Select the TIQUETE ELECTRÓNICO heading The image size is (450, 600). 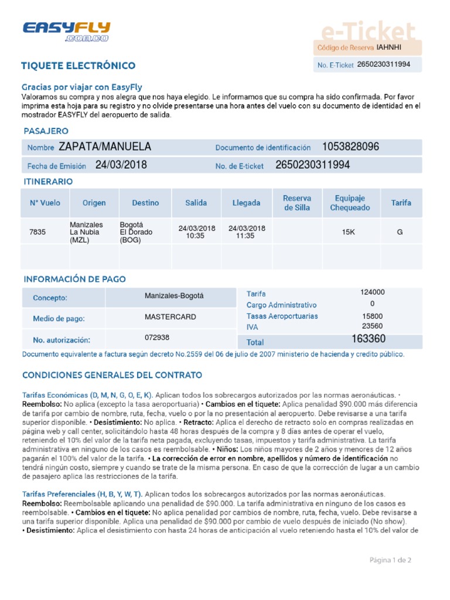(78, 66)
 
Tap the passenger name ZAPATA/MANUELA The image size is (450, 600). (105, 147)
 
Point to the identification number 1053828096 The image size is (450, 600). (350, 147)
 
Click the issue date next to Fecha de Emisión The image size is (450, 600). (121, 165)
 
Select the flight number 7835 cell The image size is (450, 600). (37, 232)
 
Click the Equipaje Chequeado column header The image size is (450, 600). (350, 203)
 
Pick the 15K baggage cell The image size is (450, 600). (349, 232)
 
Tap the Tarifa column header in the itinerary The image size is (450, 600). (401, 203)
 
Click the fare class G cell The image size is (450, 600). (400, 232)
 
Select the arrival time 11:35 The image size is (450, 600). (246, 236)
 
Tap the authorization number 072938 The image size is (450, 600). (157, 337)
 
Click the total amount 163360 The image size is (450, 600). (369, 339)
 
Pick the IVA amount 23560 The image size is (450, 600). (372, 326)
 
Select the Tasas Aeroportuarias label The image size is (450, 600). (282, 316)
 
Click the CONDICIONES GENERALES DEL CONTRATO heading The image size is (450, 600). (112, 375)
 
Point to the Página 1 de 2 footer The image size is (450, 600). (390, 560)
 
